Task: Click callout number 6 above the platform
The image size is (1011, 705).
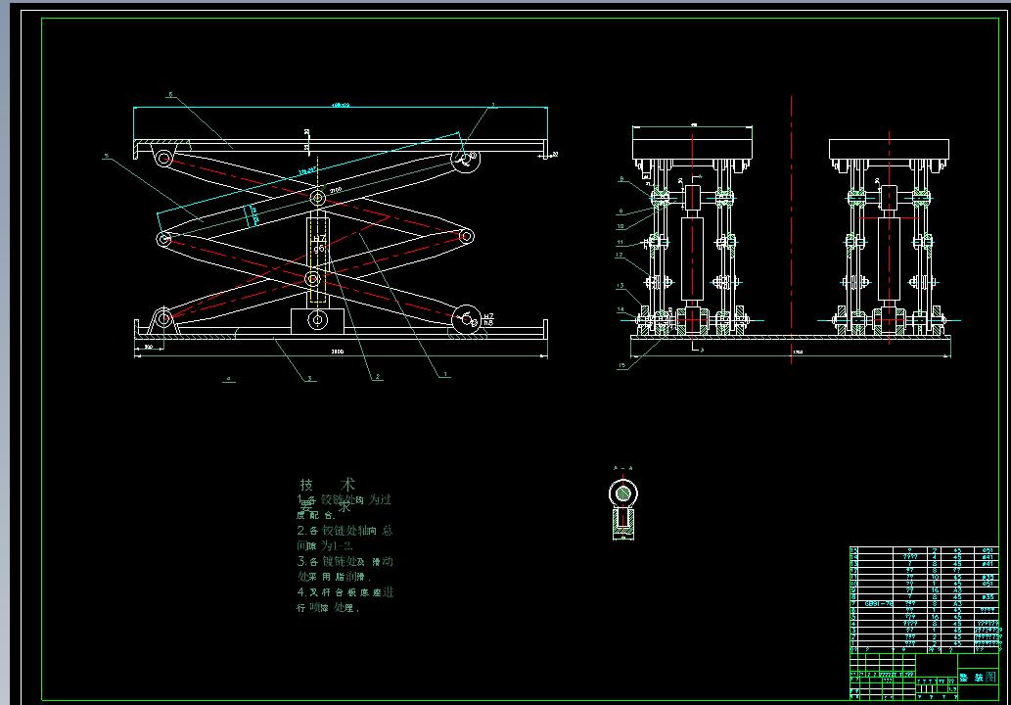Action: (x=170, y=95)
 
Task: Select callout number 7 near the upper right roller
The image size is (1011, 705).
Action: (x=493, y=105)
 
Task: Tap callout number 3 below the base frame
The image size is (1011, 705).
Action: (x=310, y=377)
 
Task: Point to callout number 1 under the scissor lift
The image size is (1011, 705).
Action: (x=445, y=374)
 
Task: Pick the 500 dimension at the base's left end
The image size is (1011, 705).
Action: (x=149, y=347)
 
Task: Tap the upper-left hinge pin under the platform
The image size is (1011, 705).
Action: (x=164, y=158)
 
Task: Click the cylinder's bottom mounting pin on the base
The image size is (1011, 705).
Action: (x=316, y=319)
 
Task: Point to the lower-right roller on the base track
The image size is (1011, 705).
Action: (x=466, y=316)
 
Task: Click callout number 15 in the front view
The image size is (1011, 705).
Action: (x=620, y=366)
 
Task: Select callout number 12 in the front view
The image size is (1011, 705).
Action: (x=620, y=255)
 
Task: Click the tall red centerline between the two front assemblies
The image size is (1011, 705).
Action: (x=792, y=225)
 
